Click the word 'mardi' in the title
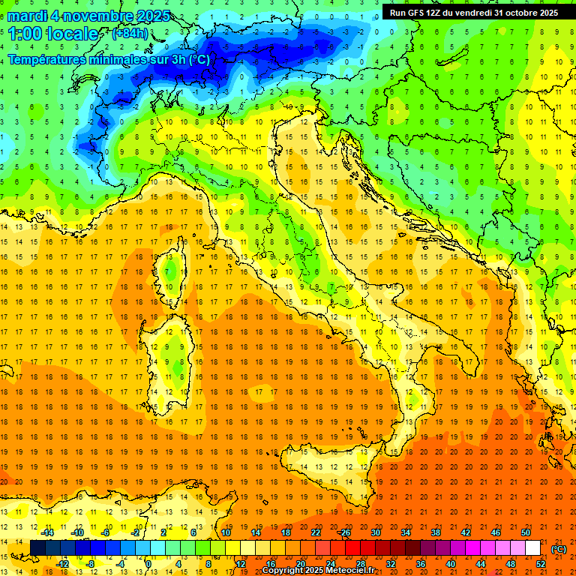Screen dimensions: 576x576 pos(28,16)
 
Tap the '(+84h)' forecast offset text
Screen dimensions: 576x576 pos(130,34)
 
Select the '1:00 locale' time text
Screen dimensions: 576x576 pos(53,34)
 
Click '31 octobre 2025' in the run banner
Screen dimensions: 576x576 pos(526,13)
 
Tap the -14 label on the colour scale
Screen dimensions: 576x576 pos(47,532)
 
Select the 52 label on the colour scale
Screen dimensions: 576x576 pos(541,563)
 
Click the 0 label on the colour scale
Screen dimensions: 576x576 pos(148,563)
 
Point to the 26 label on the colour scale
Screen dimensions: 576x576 pos(346,532)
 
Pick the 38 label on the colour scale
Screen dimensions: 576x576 pos(435,532)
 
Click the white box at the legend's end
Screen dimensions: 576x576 pos(532,548)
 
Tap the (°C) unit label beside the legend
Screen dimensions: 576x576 pos(558,549)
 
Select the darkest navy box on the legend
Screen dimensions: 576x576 pos(37,548)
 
